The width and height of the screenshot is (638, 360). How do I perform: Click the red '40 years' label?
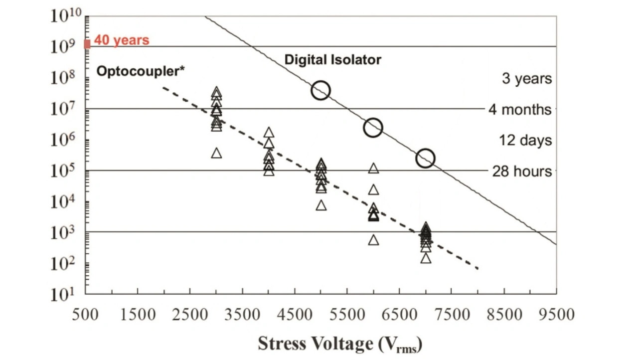[122, 40]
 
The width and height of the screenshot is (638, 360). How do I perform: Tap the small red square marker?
[87, 44]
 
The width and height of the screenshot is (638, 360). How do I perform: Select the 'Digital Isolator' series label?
[332, 60]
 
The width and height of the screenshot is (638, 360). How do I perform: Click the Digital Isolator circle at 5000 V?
[320, 90]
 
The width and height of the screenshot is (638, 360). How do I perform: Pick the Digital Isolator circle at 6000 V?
[373, 128]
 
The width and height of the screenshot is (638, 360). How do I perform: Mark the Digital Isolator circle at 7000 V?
[425, 159]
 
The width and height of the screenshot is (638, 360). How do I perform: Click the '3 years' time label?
[527, 79]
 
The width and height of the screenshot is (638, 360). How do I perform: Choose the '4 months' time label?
[520, 109]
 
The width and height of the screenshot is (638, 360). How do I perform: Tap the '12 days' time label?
[525, 140]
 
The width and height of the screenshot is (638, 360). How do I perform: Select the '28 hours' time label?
[522, 171]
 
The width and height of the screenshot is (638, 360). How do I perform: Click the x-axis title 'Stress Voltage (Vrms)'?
[340, 344]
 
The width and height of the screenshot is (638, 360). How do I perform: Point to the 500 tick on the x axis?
[86, 315]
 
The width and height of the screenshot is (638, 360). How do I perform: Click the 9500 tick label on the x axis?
[556, 315]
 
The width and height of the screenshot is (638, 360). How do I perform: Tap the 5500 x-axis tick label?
[347, 315]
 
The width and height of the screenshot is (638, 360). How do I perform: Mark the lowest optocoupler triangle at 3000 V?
[216, 153]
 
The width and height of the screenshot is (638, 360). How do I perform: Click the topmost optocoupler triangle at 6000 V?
[373, 169]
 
